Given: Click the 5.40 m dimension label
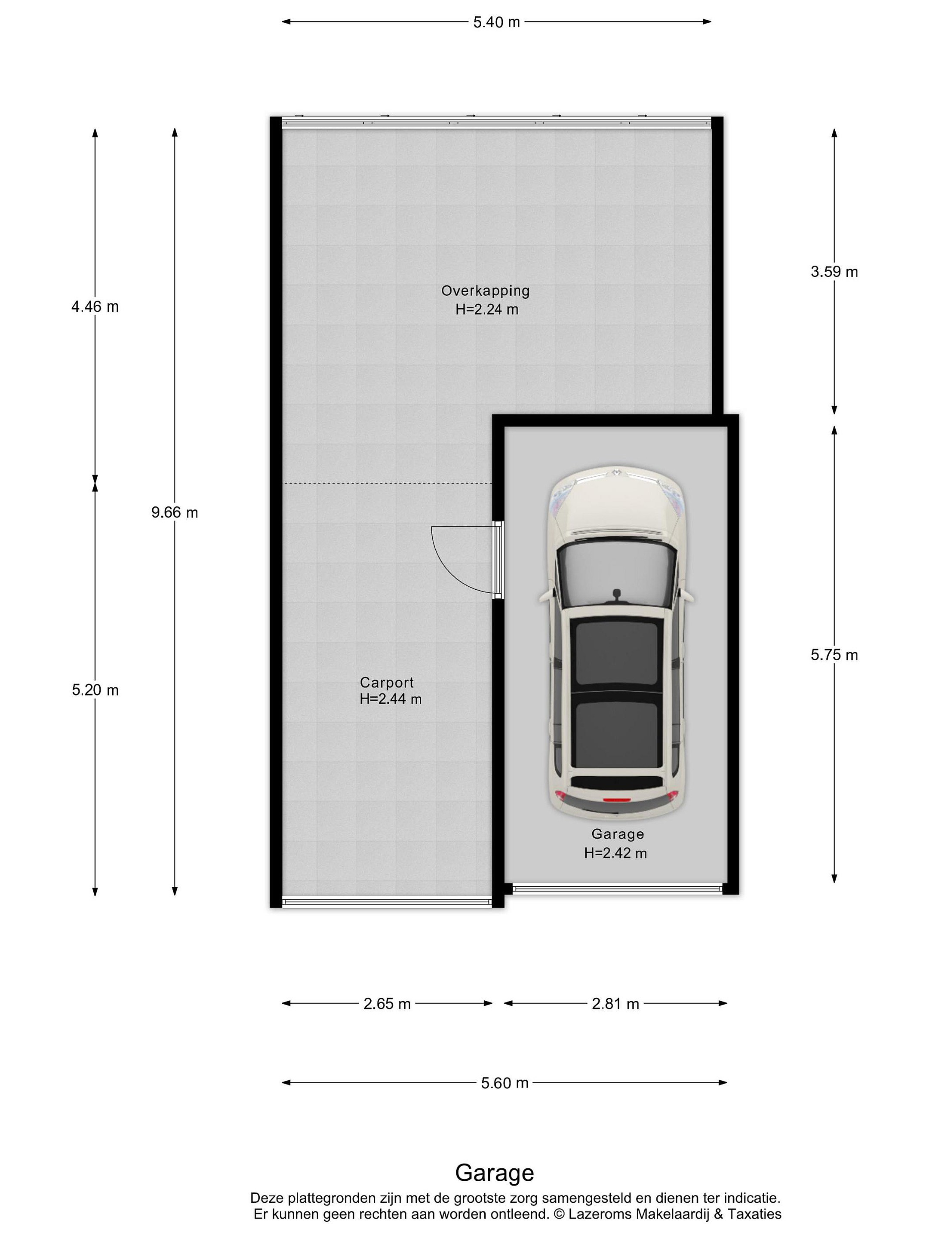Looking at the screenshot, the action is tap(496, 22).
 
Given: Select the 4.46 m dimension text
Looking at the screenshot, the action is tap(95, 306).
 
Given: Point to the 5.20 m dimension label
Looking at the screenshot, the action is tap(95, 690).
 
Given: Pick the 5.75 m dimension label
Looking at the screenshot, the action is tap(834, 655).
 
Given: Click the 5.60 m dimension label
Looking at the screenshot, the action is tap(504, 1083).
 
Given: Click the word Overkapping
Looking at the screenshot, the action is tap(486, 291).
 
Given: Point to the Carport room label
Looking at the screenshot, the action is tap(387, 683).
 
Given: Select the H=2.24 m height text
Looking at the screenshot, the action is tap(486, 309).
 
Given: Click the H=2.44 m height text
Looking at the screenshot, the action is tap(391, 699).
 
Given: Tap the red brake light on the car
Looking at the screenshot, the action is tap(616, 800).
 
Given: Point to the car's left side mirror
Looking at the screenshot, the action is tap(545, 596).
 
